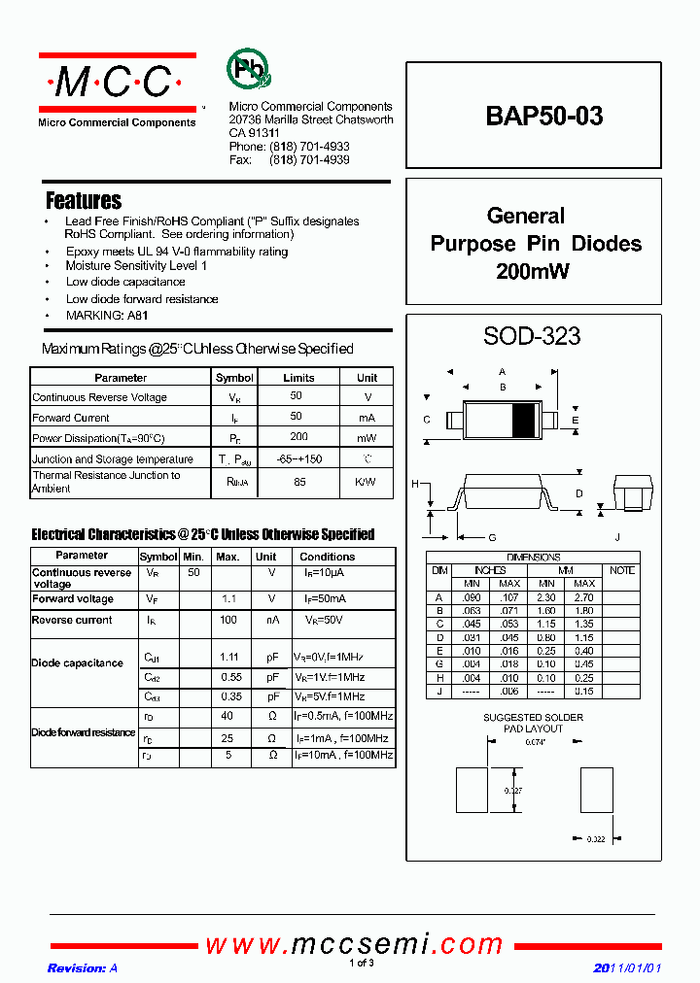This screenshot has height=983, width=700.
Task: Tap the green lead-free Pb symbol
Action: pos(249,70)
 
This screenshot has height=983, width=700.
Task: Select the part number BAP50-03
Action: pos(543,117)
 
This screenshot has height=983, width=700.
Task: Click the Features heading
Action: pos(84,201)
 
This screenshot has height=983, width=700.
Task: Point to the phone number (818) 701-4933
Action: pos(309,147)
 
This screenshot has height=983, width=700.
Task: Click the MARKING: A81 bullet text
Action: pos(107,316)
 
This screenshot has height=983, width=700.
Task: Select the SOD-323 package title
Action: pos(532,336)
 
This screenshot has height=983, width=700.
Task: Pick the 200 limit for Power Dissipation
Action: pos(298,438)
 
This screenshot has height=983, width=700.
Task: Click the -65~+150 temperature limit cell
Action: pos(298,458)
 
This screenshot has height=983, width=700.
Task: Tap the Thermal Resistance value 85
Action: pos(298,482)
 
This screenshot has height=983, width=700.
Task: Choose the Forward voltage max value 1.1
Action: pos(228,599)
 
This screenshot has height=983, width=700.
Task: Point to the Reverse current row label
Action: pos(72,620)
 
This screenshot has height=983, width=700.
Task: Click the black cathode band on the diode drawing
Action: pos(523,420)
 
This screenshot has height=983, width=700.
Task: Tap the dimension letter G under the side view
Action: pos(492,537)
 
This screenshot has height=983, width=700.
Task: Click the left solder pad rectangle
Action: pos(472,790)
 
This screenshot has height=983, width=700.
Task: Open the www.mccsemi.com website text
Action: pos(354,944)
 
